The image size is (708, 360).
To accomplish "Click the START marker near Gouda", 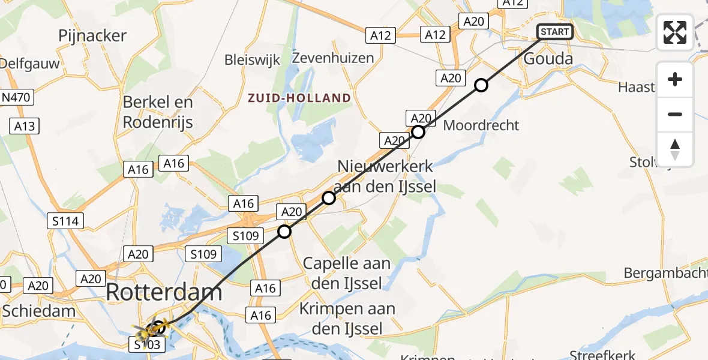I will [x=555, y=32].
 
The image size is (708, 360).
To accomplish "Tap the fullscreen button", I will [x=675, y=32].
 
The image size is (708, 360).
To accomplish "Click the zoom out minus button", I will [x=675, y=114].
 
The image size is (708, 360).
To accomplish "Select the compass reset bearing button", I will [x=675, y=149].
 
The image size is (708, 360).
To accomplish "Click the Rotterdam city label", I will [x=164, y=293].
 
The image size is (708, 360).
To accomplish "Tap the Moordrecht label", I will [x=481, y=125].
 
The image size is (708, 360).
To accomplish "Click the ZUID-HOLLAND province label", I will [x=299, y=97].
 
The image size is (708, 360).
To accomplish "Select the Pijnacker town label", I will [x=92, y=36].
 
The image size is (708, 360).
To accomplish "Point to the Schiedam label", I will [x=39, y=310].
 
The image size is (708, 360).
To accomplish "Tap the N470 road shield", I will [x=17, y=97].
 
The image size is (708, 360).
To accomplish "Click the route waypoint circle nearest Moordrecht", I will [x=418, y=132].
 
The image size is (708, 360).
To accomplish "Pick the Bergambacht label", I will [x=665, y=273].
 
